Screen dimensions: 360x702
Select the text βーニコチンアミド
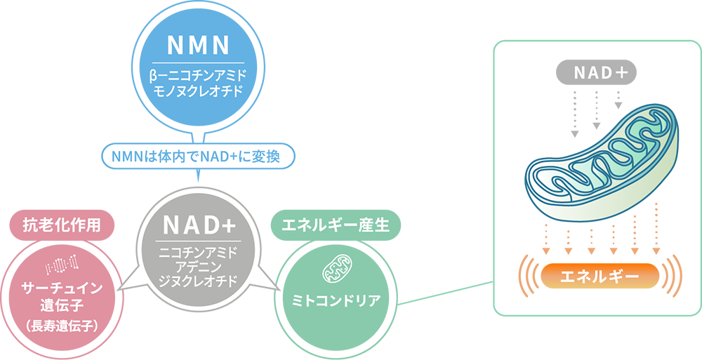(199, 74)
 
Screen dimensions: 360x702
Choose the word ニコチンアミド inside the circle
(199, 251)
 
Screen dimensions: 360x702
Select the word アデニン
(199, 265)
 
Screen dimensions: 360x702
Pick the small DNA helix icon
(62, 264)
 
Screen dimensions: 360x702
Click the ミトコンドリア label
(336, 301)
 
